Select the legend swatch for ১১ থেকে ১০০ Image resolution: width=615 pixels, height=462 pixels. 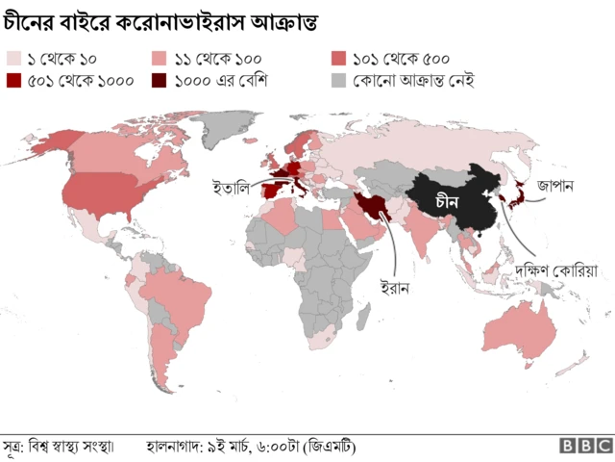click(161, 59)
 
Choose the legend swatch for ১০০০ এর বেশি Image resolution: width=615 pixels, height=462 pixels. click(161, 81)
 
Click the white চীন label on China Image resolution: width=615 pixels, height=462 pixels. click(447, 202)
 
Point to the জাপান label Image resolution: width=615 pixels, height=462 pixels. click(555, 185)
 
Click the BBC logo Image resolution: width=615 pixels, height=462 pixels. click(586, 446)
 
